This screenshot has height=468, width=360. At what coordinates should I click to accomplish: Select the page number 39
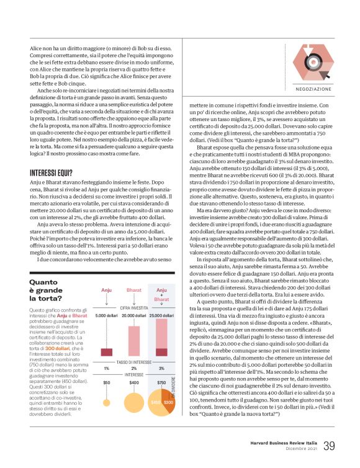329,445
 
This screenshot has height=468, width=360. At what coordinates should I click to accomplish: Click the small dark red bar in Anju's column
106,352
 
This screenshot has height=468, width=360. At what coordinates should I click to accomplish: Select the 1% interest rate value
106,368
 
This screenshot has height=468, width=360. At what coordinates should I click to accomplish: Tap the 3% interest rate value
161,368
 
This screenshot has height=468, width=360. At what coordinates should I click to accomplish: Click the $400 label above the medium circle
133,383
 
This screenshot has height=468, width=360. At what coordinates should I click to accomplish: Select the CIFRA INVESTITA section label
133,307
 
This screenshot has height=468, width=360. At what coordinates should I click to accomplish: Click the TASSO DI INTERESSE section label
133,361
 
